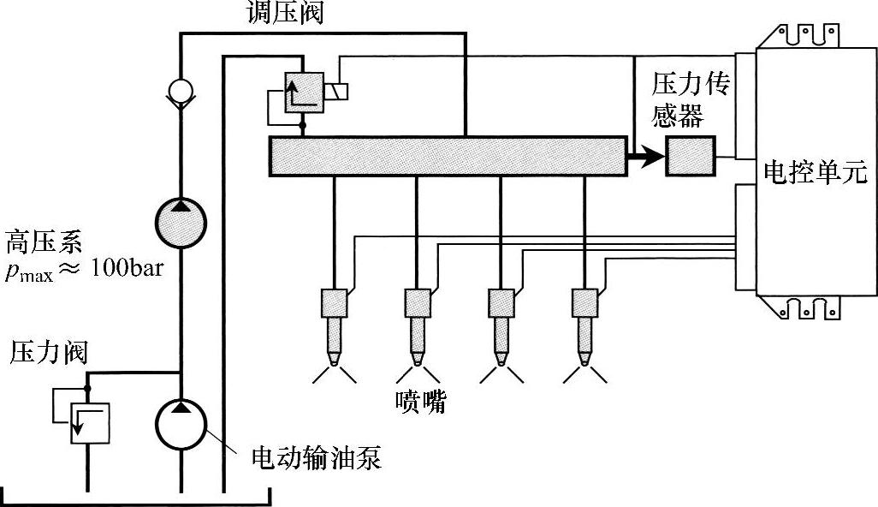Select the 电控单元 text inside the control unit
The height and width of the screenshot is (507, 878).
point(814,174)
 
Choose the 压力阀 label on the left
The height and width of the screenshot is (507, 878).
point(49,352)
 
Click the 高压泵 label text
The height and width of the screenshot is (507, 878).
point(43,242)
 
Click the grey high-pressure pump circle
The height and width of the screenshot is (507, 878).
point(181,224)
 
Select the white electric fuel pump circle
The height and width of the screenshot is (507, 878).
point(181,421)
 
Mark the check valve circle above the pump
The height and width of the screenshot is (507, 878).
point(181,90)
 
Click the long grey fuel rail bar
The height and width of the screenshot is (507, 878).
point(445,157)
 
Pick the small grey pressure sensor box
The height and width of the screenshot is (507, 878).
point(691,157)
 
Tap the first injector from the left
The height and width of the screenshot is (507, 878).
point(334,325)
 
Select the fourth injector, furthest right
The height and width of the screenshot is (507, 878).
point(585,325)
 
